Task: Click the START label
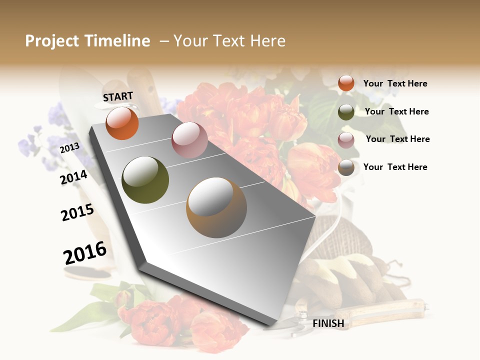pos(118,96)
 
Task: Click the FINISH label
pos(328,323)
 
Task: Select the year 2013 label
pos(69,148)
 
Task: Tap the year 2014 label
pos(73,177)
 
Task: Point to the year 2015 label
pos(77,212)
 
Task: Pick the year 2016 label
pos(85,253)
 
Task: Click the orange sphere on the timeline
pos(122,123)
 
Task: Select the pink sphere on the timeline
pos(189,140)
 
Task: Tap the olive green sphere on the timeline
pos(145,180)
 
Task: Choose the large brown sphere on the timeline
pos(216,207)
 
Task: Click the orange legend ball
pos(346,83)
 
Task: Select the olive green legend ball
pos(346,112)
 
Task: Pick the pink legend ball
pos(346,140)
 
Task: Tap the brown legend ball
pos(346,167)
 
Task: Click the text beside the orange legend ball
pos(395,84)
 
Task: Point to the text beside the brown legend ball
pos(395,167)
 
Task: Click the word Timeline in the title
pos(117,41)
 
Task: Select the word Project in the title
pos(52,41)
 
